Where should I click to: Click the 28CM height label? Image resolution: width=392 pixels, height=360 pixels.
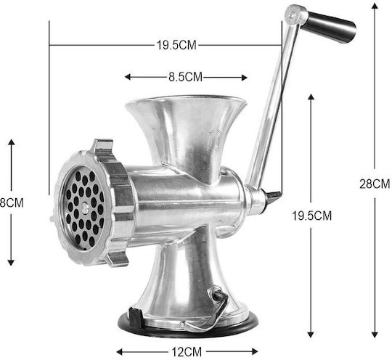375,184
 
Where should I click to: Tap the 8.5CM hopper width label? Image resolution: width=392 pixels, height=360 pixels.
186,77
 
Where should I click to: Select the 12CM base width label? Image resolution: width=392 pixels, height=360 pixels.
187,352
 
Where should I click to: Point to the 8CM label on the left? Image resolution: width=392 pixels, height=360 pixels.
12,202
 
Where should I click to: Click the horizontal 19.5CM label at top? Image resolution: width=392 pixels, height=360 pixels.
176,45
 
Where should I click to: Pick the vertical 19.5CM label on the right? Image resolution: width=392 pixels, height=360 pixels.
312,216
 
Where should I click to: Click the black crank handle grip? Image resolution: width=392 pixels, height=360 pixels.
330,26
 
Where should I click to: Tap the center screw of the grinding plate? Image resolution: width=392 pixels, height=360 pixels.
85,208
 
